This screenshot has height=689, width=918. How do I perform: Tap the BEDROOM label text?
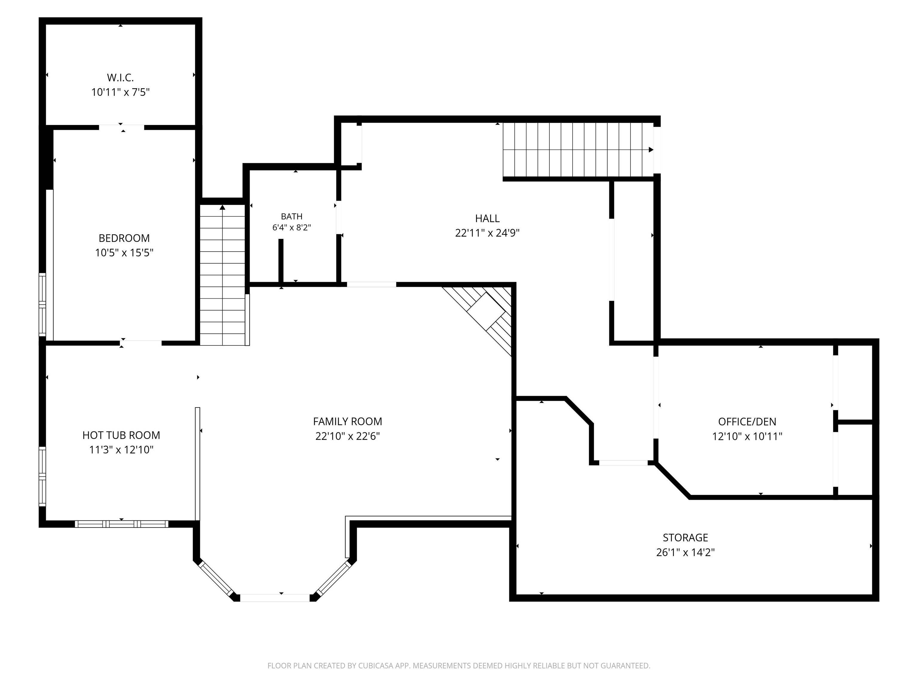124,238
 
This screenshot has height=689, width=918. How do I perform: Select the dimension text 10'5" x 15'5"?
124,252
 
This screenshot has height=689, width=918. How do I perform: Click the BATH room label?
292,217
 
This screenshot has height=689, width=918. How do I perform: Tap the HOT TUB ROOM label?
121,435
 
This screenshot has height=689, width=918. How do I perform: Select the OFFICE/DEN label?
747,422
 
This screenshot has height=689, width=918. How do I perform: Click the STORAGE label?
685,538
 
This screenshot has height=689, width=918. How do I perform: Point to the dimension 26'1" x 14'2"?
685,552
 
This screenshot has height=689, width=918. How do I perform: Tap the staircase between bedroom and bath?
223,275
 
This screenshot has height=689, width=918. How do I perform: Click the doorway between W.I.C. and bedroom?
122,127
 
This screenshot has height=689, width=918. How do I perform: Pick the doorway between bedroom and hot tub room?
141,343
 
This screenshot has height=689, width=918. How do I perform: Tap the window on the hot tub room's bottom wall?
122,524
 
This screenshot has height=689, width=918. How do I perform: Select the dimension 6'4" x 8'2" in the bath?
292,228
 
